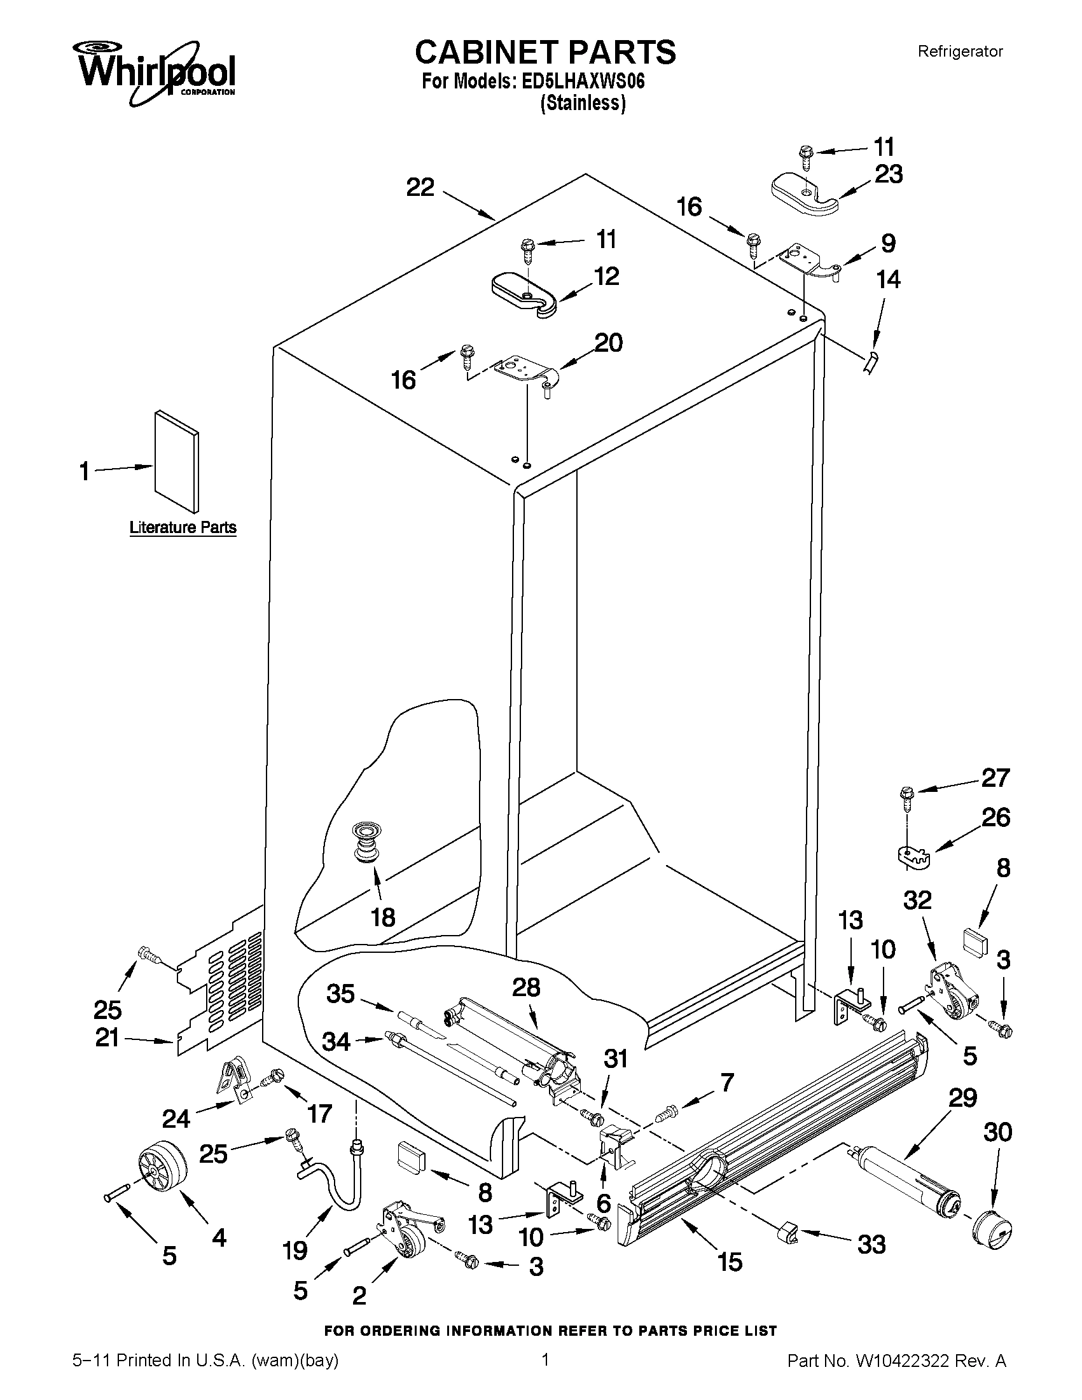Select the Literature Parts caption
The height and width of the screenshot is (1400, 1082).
[x=183, y=527]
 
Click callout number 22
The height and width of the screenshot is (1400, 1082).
[x=420, y=188]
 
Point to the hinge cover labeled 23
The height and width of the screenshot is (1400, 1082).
[x=805, y=193]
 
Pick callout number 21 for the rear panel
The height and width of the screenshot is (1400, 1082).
[x=107, y=1038]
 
